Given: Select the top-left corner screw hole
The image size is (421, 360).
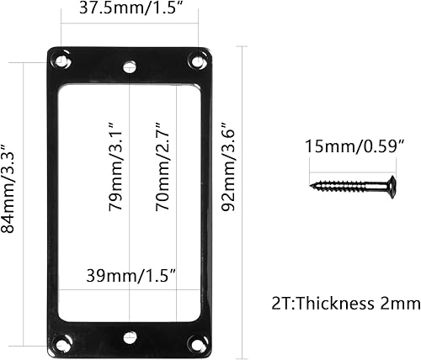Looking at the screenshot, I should click(x=61, y=61).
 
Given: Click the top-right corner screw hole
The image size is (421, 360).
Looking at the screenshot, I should click(x=199, y=61).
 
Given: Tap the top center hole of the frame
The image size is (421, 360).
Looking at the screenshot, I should click(x=129, y=65).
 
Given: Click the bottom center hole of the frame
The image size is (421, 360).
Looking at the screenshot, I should click(x=129, y=337).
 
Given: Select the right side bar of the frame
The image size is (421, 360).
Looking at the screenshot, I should click(x=205, y=202).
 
